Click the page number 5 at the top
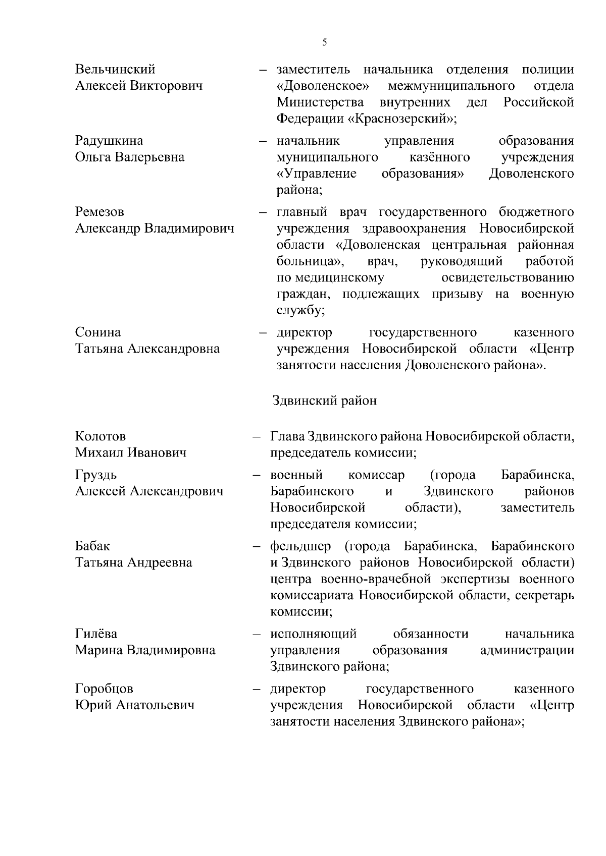(x=324, y=42)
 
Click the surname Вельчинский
(x=115, y=69)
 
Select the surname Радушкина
(x=109, y=140)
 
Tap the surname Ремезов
(x=99, y=212)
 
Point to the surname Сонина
(x=98, y=332)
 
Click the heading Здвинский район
(x=324, y=401)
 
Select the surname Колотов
(x=100, y=436)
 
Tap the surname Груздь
(x=96, y=475)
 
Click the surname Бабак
(x=92, y=546)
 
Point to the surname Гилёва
(x=96, y=634)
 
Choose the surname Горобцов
(x=104, y=689)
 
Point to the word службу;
(x=300, y=311)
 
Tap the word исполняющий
(x=313, y=634)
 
